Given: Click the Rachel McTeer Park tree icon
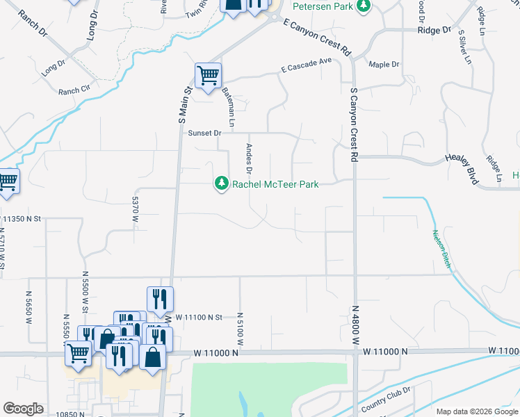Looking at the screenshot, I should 222,183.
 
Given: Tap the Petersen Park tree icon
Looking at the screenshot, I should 362,6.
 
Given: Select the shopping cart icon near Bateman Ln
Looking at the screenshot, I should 208,75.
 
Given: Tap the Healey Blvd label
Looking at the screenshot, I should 463,169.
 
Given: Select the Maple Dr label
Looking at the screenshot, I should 384,65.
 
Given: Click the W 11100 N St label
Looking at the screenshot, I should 198,317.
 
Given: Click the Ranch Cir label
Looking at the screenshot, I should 74,90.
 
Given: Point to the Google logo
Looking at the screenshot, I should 23,409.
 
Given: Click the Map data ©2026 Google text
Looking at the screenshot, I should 477,411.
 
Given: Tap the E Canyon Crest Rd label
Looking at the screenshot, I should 318,37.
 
